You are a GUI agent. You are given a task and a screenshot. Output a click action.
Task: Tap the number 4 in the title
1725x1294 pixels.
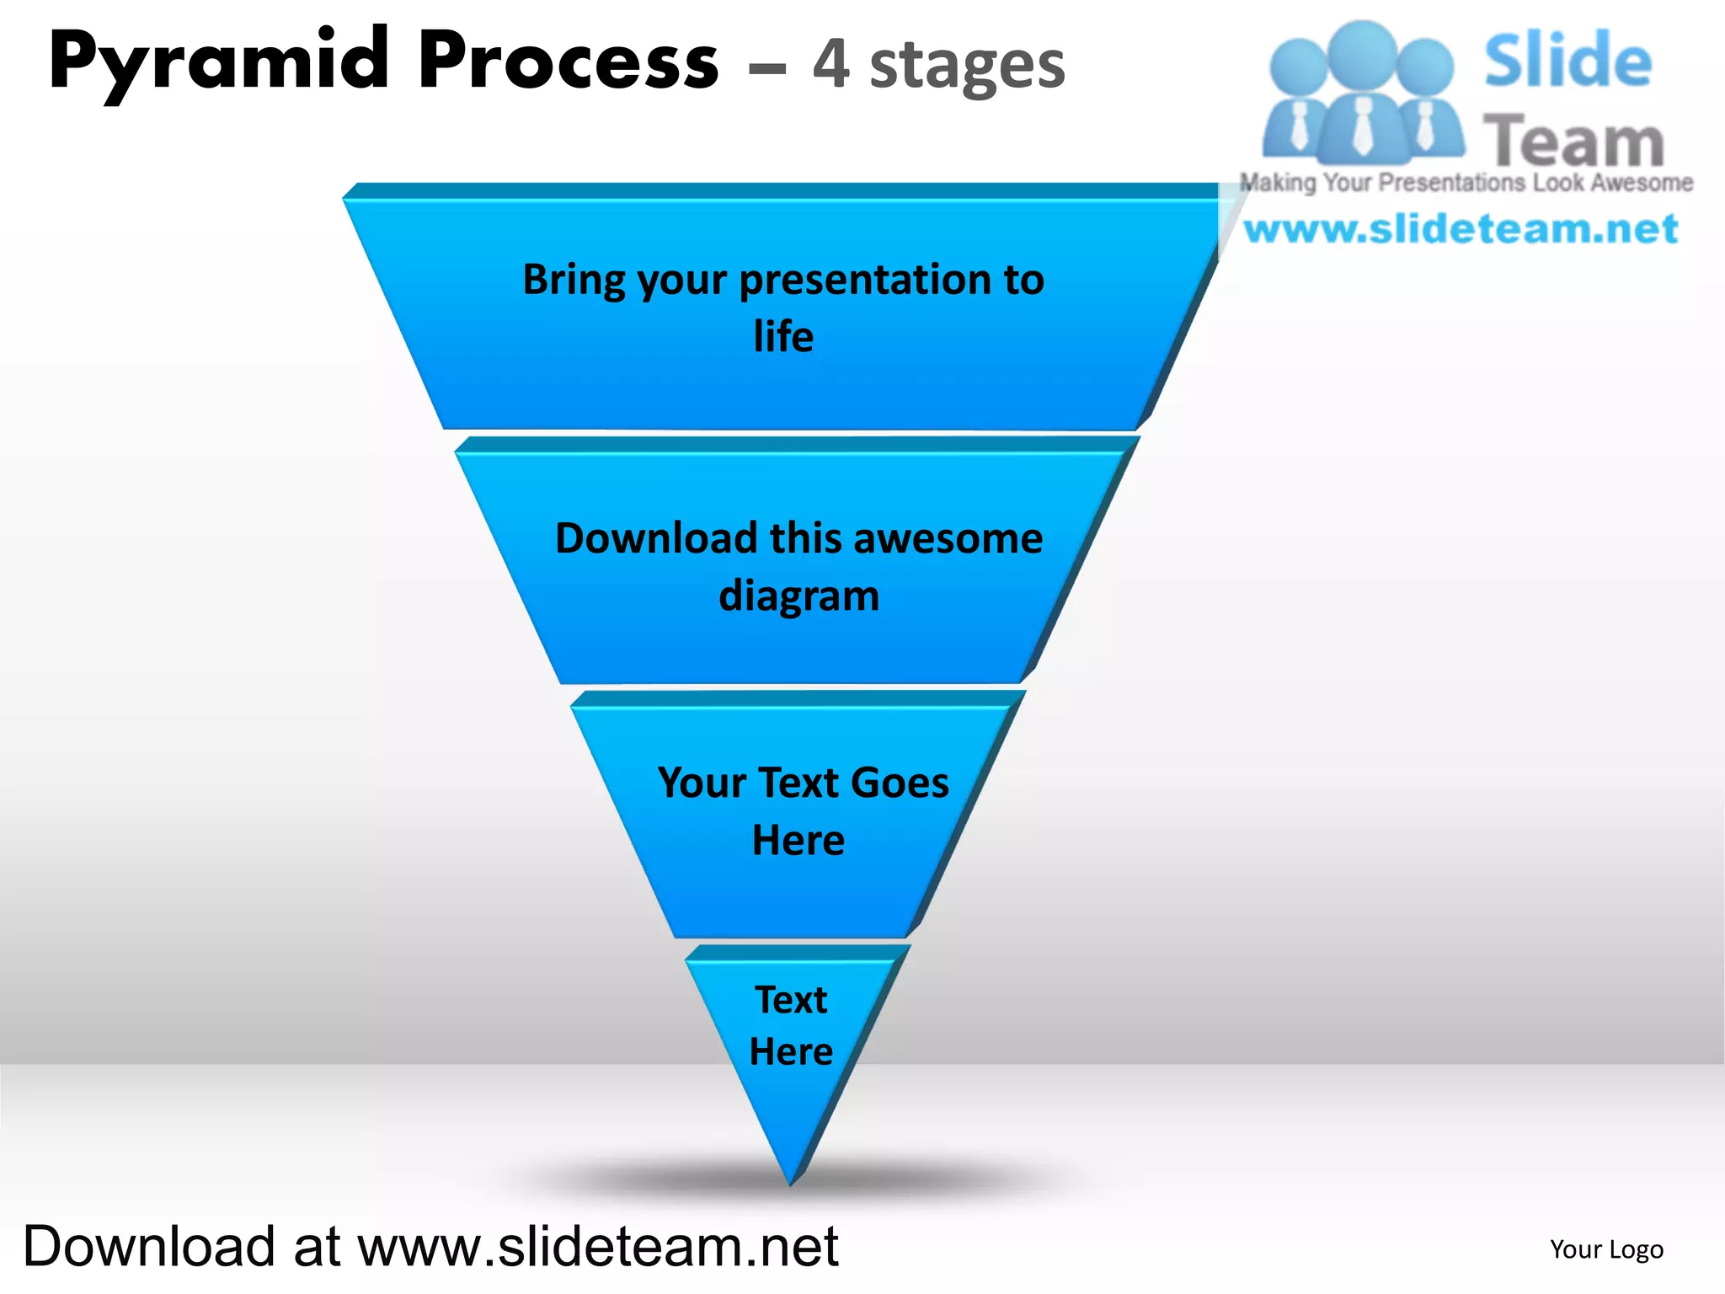point(830,65)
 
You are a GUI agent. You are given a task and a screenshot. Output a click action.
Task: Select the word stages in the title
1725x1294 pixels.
point(967,67)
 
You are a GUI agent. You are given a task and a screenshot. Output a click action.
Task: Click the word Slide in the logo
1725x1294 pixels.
point(1567,61)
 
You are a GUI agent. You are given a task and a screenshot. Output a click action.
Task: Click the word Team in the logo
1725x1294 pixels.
point(1573,142)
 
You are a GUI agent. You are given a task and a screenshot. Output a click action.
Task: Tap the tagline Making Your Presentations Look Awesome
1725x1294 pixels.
point(1466,183)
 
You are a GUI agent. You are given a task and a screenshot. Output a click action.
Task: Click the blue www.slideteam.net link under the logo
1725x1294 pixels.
point(1461,229)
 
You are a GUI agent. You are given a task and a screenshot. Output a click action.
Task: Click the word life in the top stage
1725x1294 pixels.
point(783,337)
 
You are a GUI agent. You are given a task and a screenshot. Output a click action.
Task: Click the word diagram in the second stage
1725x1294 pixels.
point(798,596)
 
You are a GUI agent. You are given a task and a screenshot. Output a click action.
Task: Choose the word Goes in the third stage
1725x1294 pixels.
point(900,783)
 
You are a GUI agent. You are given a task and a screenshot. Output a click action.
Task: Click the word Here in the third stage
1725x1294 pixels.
point(798,840)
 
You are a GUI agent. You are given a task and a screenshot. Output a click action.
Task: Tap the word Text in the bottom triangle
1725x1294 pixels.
point(791,1000)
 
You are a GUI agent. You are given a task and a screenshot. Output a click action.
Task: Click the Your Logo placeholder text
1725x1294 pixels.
point(1606,1249)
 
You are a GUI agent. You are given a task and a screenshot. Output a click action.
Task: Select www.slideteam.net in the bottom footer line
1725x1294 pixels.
point(598,1247)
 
